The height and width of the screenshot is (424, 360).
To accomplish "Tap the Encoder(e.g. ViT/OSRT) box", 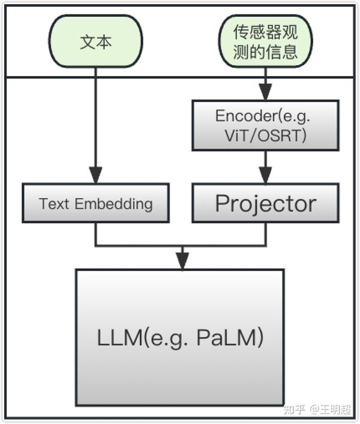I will coord(265,125).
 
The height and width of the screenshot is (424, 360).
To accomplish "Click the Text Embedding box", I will coord(96,203).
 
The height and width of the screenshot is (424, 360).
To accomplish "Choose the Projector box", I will coord(265,203).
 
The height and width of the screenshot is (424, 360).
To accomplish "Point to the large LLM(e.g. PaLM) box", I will coord(180,337).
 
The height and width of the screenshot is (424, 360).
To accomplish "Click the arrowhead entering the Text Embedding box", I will coord(96,176).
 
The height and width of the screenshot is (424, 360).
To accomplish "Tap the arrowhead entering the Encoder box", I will coord(265,92).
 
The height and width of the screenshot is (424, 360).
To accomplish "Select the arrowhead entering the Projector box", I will coord(265,176).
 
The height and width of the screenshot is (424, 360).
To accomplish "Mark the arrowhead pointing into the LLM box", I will coord(182,261).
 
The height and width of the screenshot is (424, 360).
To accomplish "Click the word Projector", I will coord(265,203).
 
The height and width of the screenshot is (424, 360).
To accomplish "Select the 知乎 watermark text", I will coord(294,409).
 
